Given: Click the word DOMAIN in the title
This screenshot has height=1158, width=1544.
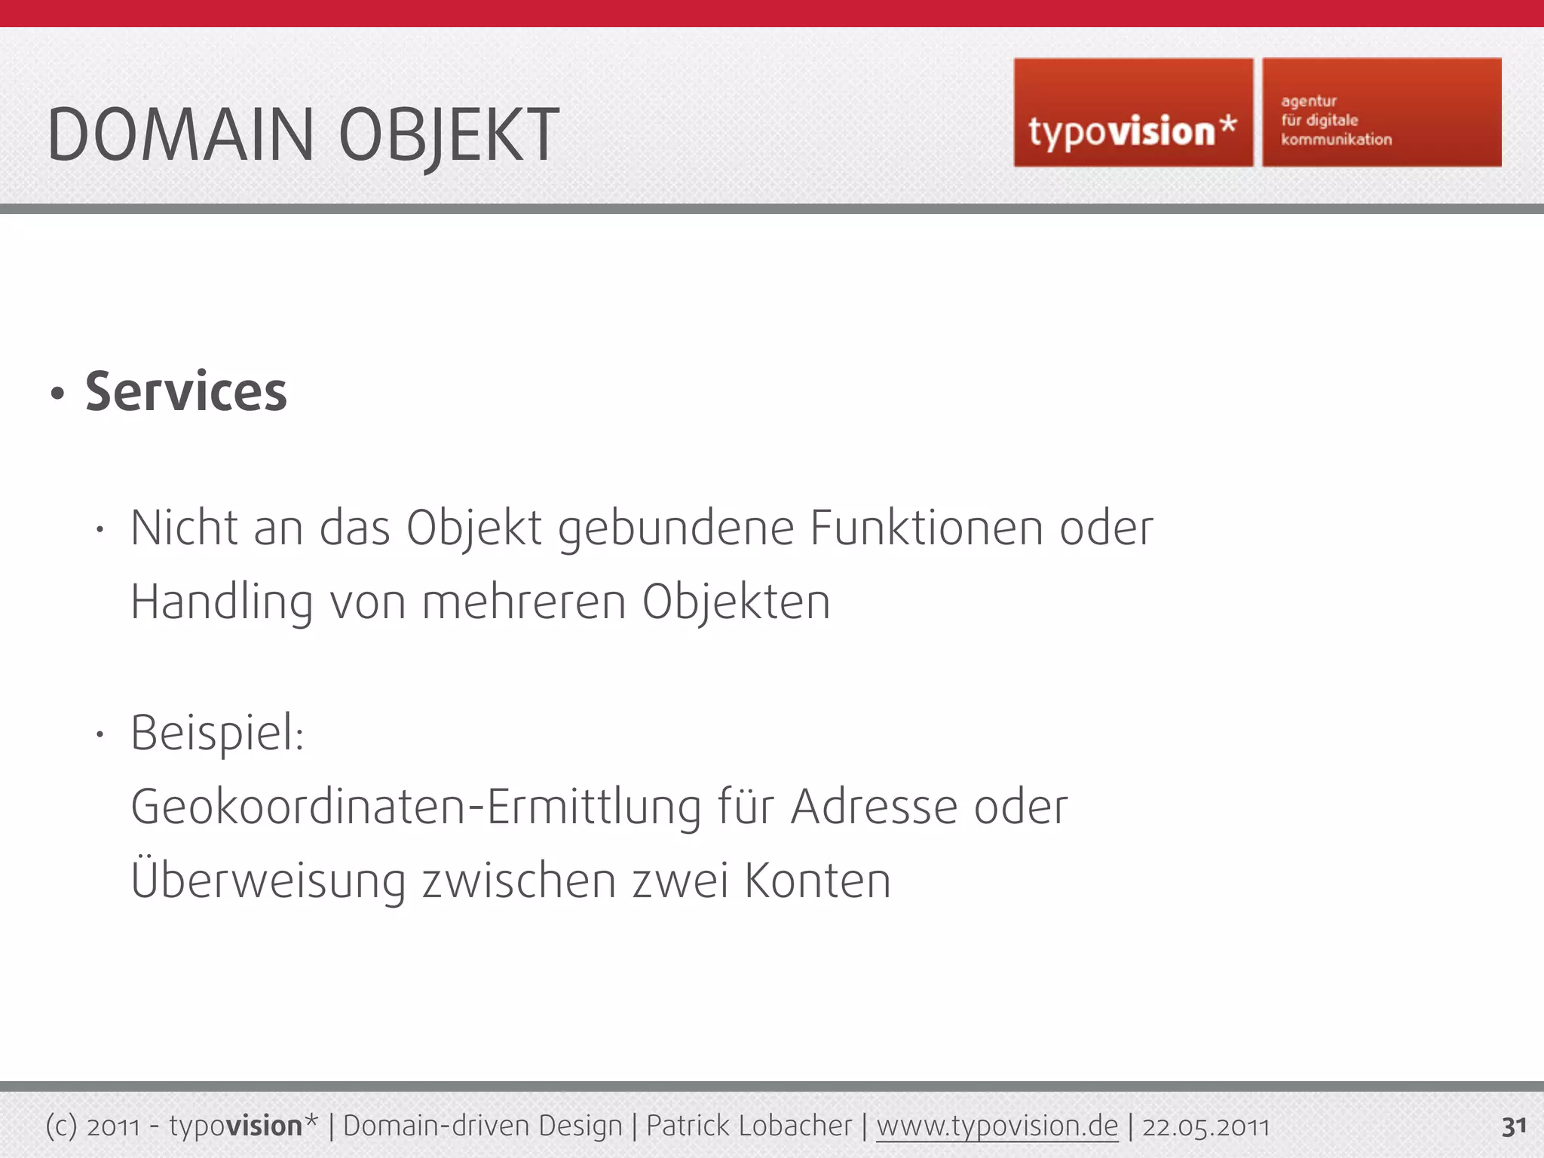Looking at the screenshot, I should click(180, 135).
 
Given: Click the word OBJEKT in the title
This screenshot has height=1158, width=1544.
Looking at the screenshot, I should click(449, 136).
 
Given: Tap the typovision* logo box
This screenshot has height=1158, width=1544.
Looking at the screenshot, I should click(1132, 113).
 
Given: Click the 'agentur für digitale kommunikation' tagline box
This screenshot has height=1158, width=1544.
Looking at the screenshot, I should click(1381, 113).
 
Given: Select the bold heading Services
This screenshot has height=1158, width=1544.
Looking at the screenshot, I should click(186, 392).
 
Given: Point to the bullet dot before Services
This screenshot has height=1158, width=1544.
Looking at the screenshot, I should click(57, 394).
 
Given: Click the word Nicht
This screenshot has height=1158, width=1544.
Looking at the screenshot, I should click(184, 527).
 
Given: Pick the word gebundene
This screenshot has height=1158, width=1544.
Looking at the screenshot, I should click(675, 528).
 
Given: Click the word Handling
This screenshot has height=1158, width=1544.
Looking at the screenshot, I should click(222, 602).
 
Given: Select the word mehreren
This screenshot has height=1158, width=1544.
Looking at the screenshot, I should click(524, 602).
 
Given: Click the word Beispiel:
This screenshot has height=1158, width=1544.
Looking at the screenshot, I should click(217, 733).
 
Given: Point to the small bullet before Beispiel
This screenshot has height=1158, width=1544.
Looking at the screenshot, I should click(99, 734).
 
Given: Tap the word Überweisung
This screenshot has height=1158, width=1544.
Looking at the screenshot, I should click(268, 880).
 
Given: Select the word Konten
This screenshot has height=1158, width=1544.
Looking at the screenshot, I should click(817, 881).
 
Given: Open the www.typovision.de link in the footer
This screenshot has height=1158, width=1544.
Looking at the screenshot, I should click(997, 1126).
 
